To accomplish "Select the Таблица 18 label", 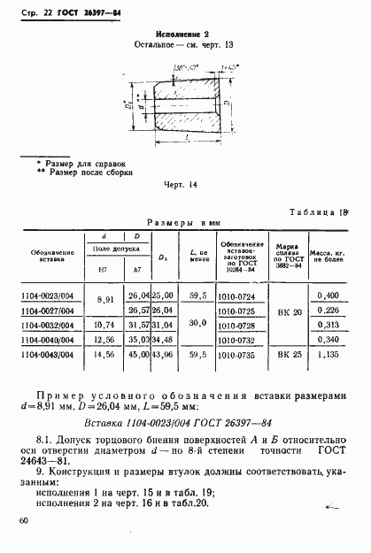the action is (319, 213).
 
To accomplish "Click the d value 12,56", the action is (104, 339).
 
